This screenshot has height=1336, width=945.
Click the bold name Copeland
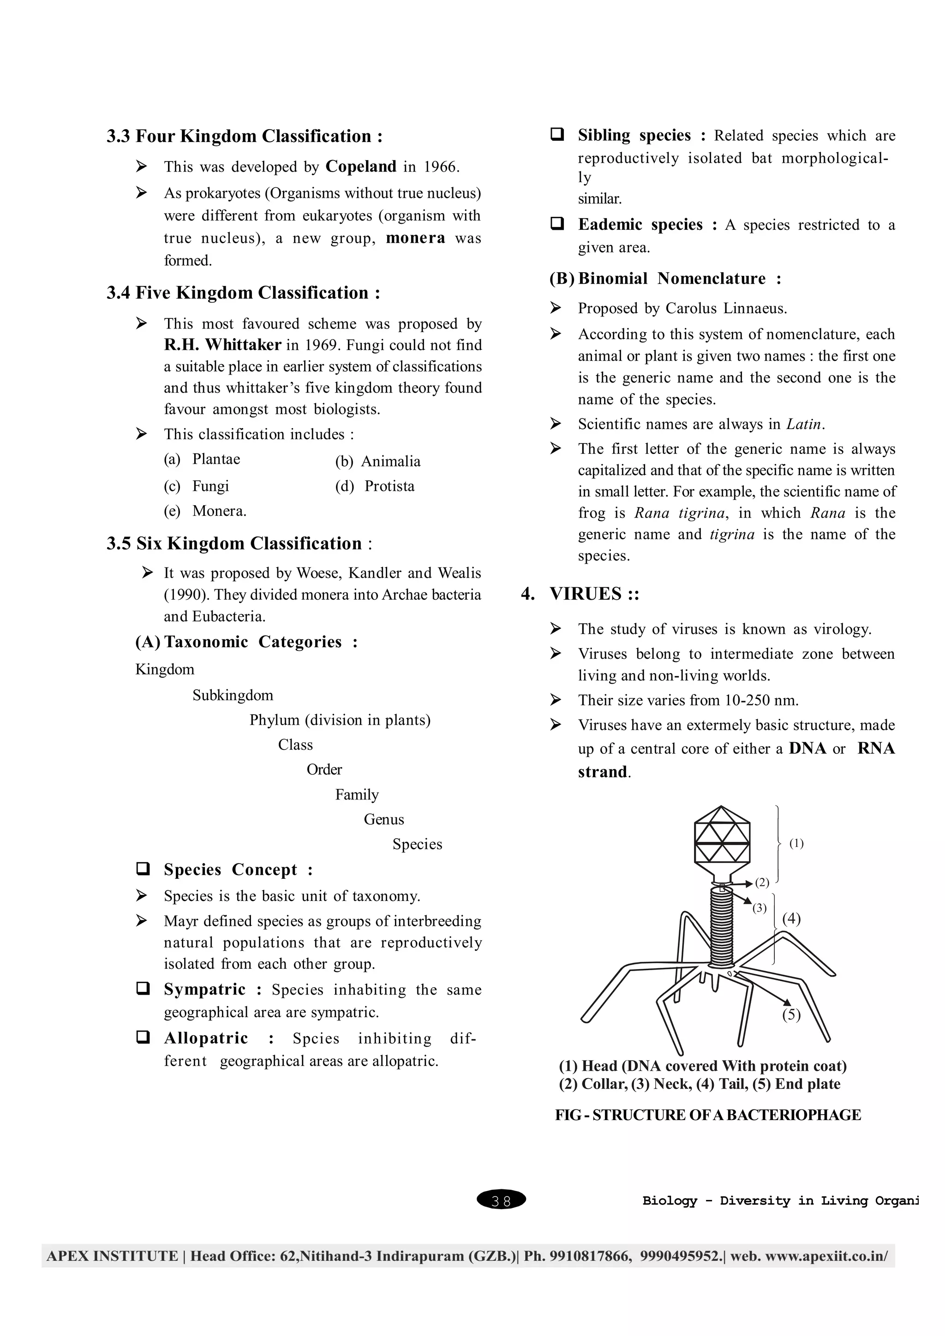point(361,167)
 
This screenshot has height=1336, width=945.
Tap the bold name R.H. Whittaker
point(222,345)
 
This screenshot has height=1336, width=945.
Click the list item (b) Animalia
point(377,461)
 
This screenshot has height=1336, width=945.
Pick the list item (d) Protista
point(375,486)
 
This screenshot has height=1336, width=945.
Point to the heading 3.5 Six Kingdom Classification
point(239,543)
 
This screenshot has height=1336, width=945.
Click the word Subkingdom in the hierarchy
point(233,695)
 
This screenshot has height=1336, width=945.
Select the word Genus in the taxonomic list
point(383,819)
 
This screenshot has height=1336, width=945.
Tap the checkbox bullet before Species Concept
point(143,869)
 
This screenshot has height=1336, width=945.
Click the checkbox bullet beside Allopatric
point(143,1038)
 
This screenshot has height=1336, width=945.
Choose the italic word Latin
point(804,424)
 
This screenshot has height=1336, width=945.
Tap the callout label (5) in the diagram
point(791,1015)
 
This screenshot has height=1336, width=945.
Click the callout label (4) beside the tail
point(791,919)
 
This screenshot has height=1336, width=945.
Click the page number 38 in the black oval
point(501,1200)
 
